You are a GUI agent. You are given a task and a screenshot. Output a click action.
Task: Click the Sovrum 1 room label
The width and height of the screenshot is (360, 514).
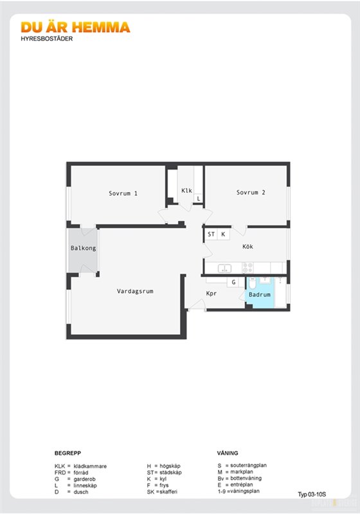pos(123,193)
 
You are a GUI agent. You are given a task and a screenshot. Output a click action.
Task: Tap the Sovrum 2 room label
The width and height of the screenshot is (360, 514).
pos(251,192)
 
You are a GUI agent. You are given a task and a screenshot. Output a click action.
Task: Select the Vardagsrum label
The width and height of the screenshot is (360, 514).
pos(135,291)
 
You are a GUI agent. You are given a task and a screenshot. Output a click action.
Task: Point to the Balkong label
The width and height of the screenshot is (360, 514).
pos(84,248)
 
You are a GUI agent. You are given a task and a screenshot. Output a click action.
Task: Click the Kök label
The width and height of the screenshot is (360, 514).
pos(248,247)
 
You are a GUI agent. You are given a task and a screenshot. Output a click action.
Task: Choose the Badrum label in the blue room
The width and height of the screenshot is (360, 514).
pos(260,294)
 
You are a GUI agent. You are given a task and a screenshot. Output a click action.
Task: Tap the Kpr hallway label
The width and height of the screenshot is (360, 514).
pos(212,294)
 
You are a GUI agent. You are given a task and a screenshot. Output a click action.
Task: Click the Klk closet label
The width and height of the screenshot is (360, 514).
pos(186,190)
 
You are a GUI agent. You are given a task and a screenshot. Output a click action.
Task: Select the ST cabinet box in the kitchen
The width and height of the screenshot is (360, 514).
pos(211,235)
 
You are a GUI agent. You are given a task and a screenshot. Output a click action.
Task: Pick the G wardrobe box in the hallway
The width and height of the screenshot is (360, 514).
pos(233,282)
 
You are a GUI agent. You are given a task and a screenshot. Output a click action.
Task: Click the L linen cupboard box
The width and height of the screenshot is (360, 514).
pos(199,199)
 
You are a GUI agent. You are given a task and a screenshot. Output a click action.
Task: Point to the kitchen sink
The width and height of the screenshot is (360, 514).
pos(224,269)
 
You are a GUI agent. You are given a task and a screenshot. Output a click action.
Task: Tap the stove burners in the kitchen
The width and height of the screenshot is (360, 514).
pos(248,268)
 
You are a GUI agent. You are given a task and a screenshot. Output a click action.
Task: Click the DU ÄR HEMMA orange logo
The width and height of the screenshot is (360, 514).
pos(75,28)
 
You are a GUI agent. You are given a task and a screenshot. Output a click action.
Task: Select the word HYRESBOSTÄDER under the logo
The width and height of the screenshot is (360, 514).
pos(47,39)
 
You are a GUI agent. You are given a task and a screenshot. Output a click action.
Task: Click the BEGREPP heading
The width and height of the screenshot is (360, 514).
pos(67,453)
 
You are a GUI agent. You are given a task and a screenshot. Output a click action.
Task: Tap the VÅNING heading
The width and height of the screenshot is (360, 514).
pos(228,453)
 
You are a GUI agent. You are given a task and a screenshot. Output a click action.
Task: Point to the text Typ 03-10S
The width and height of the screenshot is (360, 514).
pos(312,494)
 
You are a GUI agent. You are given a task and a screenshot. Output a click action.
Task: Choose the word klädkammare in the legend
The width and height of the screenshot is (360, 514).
pos(90,466)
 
